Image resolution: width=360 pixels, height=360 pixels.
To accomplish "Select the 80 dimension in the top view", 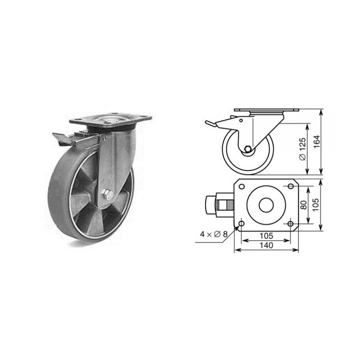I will (x=303, y=205).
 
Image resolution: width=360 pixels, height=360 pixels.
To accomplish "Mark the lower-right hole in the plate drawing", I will (x=291, y=224).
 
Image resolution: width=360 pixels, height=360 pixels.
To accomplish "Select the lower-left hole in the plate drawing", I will (x=241, y=224).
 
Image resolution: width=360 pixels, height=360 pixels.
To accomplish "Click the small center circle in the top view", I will (x=266, y=205).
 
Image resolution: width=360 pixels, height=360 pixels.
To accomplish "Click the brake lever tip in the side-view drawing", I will (x=208, y=123).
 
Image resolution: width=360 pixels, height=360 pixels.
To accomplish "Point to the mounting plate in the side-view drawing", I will (x=266, y=111).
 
